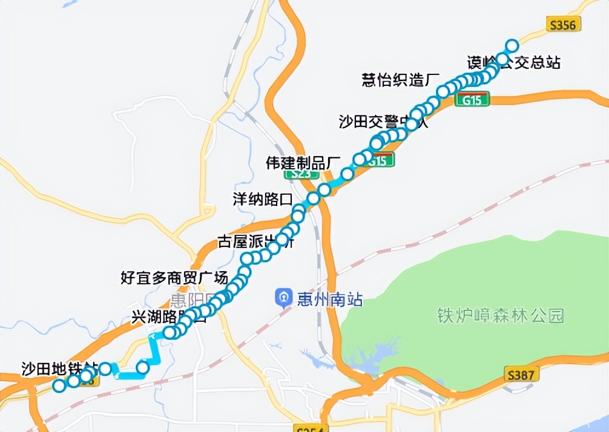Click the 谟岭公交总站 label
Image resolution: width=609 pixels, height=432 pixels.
[x=513, y=62]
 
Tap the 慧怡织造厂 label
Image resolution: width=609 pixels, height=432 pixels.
[x=400, y=80]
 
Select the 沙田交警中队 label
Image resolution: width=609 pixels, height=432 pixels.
[x=383, y=122]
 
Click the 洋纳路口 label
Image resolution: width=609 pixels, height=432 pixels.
[x=263, y=199]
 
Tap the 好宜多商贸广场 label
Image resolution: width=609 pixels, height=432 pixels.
[x=174, y=278]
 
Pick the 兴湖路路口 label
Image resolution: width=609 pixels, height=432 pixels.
[x=169, y=317]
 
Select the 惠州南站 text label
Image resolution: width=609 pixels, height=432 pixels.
[x=330, y=299]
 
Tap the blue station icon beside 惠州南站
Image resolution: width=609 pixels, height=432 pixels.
[x=283, y=298]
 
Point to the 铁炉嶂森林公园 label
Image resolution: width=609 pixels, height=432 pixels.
[x=501, y=315]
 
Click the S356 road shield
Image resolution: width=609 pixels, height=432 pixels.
[x=564, y=24]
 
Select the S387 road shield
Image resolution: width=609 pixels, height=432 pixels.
[x=521, y=375]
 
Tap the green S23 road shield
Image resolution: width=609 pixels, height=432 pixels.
[x=301, y=173]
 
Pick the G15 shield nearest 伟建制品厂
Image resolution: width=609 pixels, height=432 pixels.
[x=379, y=161]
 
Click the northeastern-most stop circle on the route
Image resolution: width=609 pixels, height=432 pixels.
[x=512, y=45]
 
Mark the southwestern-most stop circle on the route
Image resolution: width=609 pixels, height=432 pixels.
[x=59, y=385]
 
